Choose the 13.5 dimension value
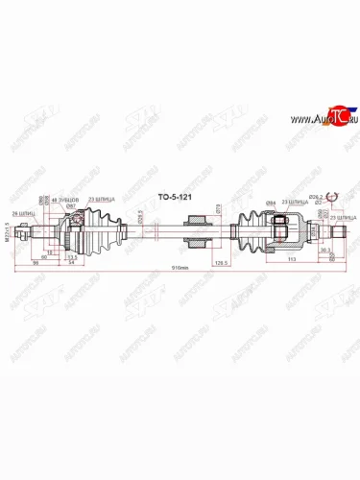[x=72, y=256]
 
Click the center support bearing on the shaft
[x=197, y=230]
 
